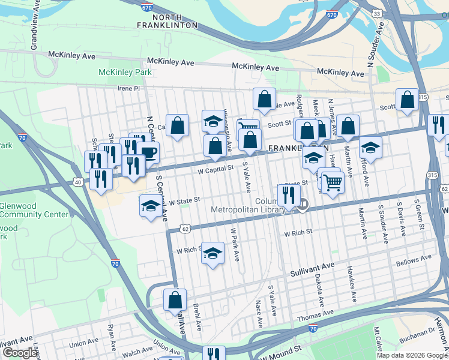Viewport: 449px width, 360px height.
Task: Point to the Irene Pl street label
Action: click(x=128, y=88)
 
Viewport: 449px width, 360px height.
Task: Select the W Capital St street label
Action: click(x=215, y=169)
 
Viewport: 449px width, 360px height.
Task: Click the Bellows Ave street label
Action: click(x=414, y=259)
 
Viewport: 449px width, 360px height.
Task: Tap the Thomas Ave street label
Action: click(x=315, y=314)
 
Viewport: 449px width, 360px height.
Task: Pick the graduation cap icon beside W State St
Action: click(x=150, y=205)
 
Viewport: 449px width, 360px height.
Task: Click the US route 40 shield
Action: click(x=77, y=181)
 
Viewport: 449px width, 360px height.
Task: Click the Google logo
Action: click(x=20, y=353)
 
